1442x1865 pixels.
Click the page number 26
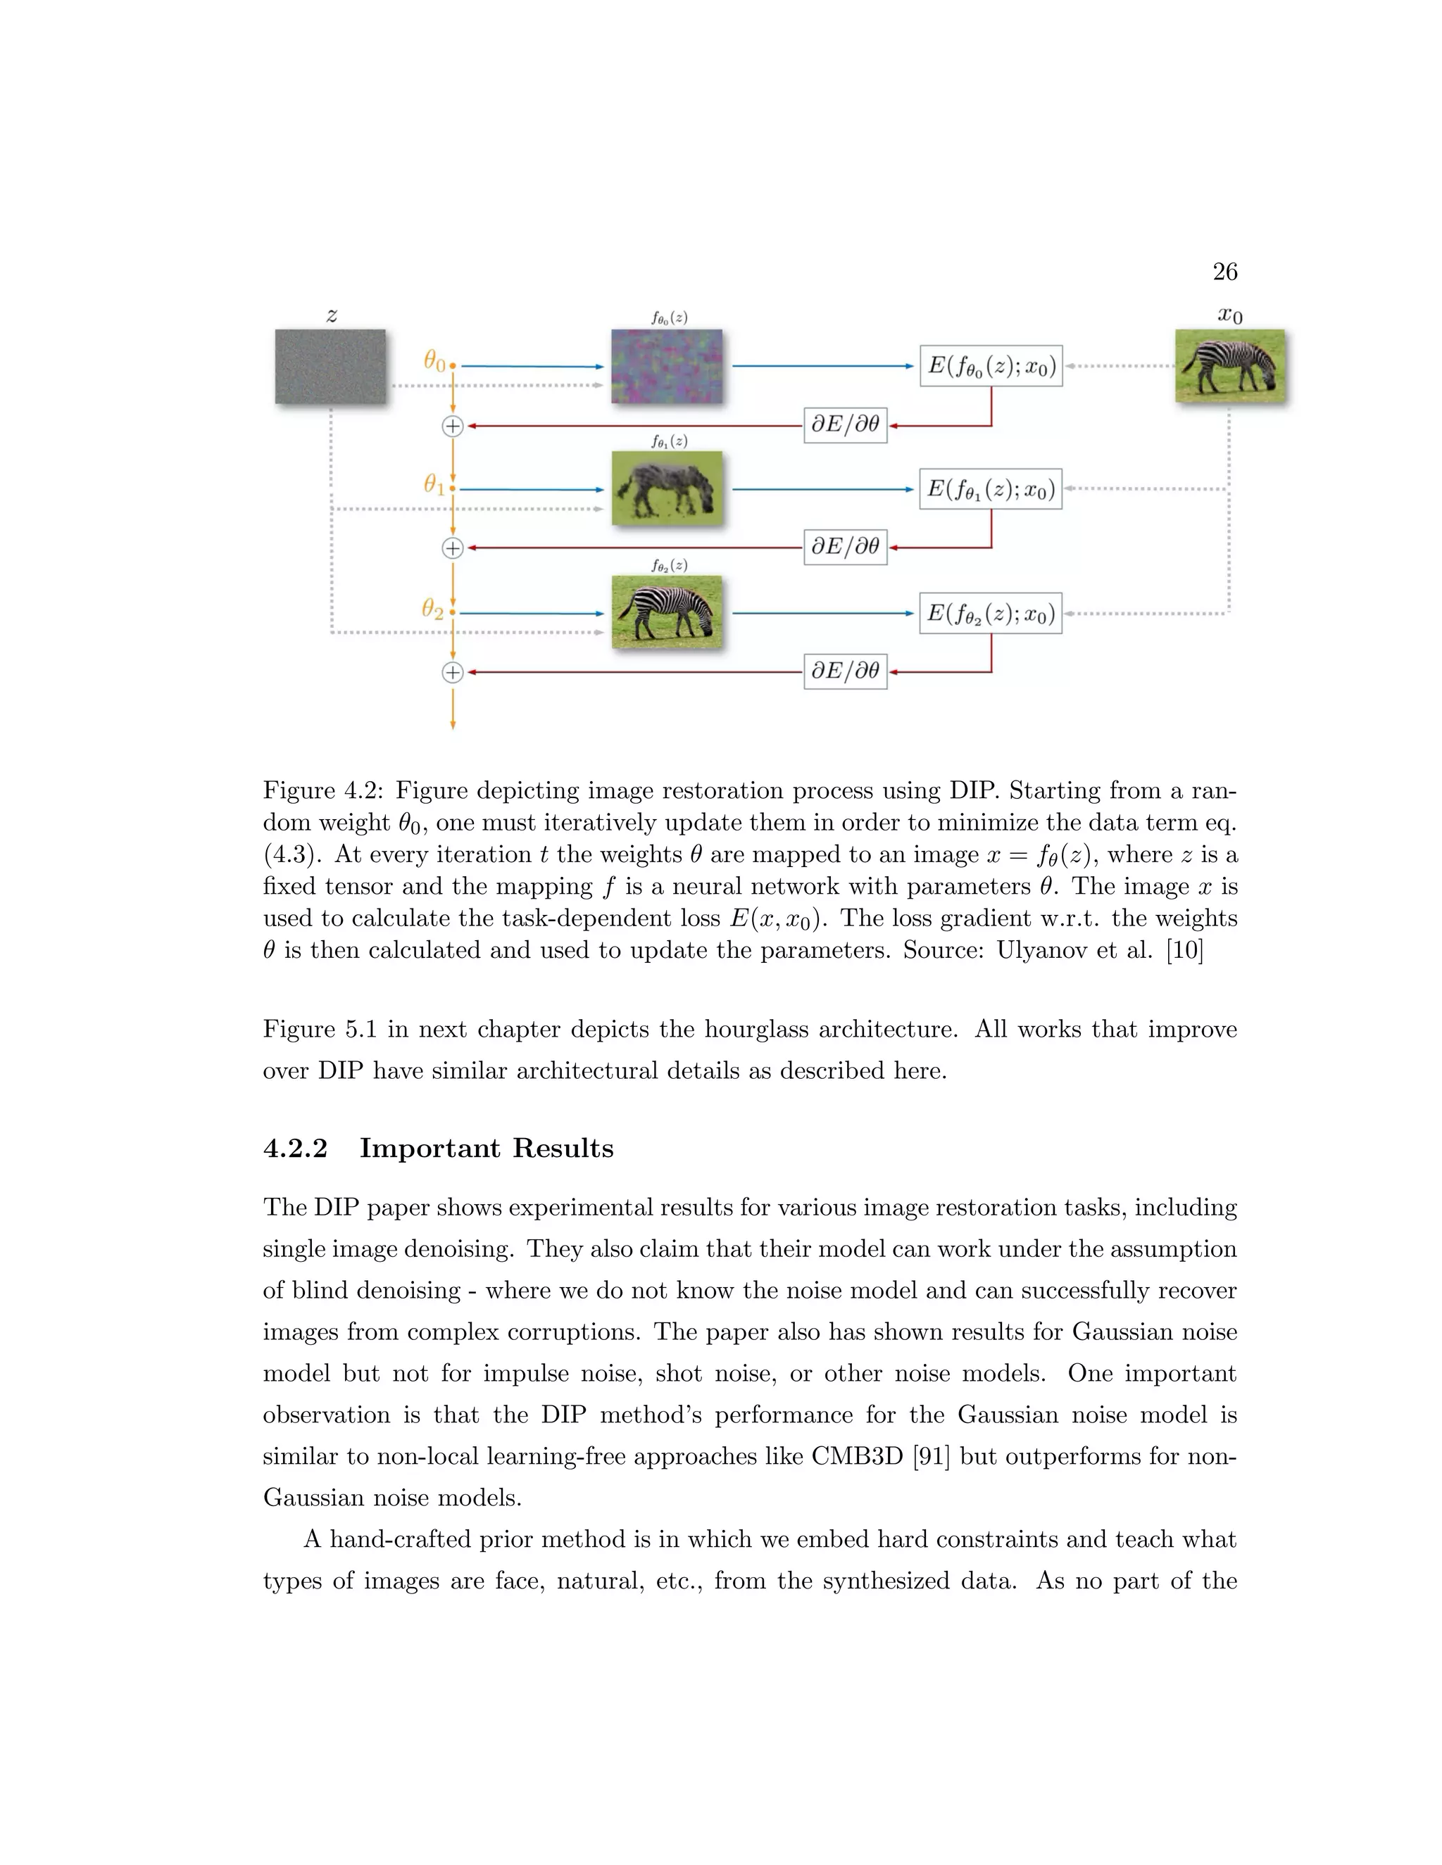click(1224, 272)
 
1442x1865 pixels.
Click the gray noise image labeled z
click(331, 367)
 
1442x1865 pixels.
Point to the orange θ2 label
click(433, 609)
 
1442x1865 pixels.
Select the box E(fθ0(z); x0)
click(991, 367)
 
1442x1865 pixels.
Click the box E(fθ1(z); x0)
click(991, 489)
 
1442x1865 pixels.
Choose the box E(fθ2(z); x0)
click(991, 613)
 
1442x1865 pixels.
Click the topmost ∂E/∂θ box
click(845, 424)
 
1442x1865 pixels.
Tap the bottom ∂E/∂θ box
click(845, 671)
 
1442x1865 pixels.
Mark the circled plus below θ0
click(453, 425)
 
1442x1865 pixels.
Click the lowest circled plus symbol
click(453, 672)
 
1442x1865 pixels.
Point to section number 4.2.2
click(296, 1149)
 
